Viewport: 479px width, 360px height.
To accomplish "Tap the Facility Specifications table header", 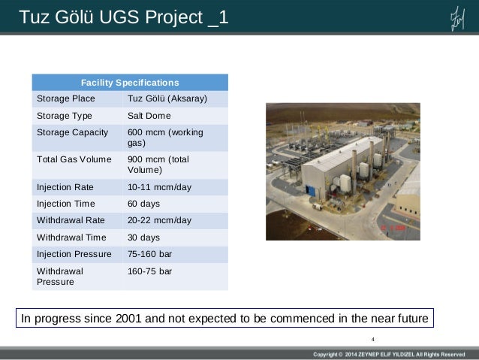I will tap(130, 83).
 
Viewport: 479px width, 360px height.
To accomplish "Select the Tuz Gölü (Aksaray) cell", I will tap(167, 98).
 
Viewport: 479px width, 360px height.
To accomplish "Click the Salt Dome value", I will tap(149, 116).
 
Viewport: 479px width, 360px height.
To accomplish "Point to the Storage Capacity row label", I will tap(72, 133).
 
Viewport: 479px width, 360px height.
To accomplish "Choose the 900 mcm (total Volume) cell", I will tap(158, 165).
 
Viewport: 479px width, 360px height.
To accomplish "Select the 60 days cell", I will tap(144, 204).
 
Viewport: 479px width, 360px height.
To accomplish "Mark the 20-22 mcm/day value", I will tap(159, 220).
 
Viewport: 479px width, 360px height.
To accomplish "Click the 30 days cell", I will tap(144, 237).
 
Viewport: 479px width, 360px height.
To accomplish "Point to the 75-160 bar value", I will tap(150, 254).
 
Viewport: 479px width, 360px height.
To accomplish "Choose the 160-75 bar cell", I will tap(150, 271).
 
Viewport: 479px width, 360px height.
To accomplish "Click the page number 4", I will tap(373, 338).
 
